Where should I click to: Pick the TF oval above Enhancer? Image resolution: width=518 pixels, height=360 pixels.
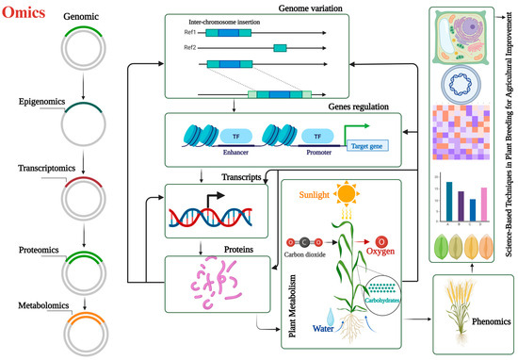(x=235, y=135)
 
